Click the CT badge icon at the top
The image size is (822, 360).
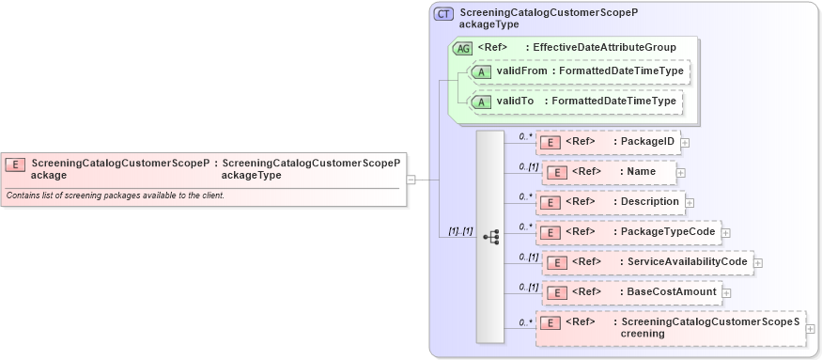443,14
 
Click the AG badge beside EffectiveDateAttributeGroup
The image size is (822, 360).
463,47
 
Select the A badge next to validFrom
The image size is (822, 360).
482,71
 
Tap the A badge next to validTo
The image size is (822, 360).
482,102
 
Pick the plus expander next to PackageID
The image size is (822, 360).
685,143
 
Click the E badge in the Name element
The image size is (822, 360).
557,172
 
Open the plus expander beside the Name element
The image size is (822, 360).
681,173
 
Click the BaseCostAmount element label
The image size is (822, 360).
671,291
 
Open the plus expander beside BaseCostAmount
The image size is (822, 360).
726,292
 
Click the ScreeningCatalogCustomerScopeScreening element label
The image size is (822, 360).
710,327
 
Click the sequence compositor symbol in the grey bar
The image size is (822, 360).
490,237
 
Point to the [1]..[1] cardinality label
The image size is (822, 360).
460,231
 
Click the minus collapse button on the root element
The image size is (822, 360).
411,180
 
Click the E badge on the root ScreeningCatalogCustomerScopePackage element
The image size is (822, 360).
15,164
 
